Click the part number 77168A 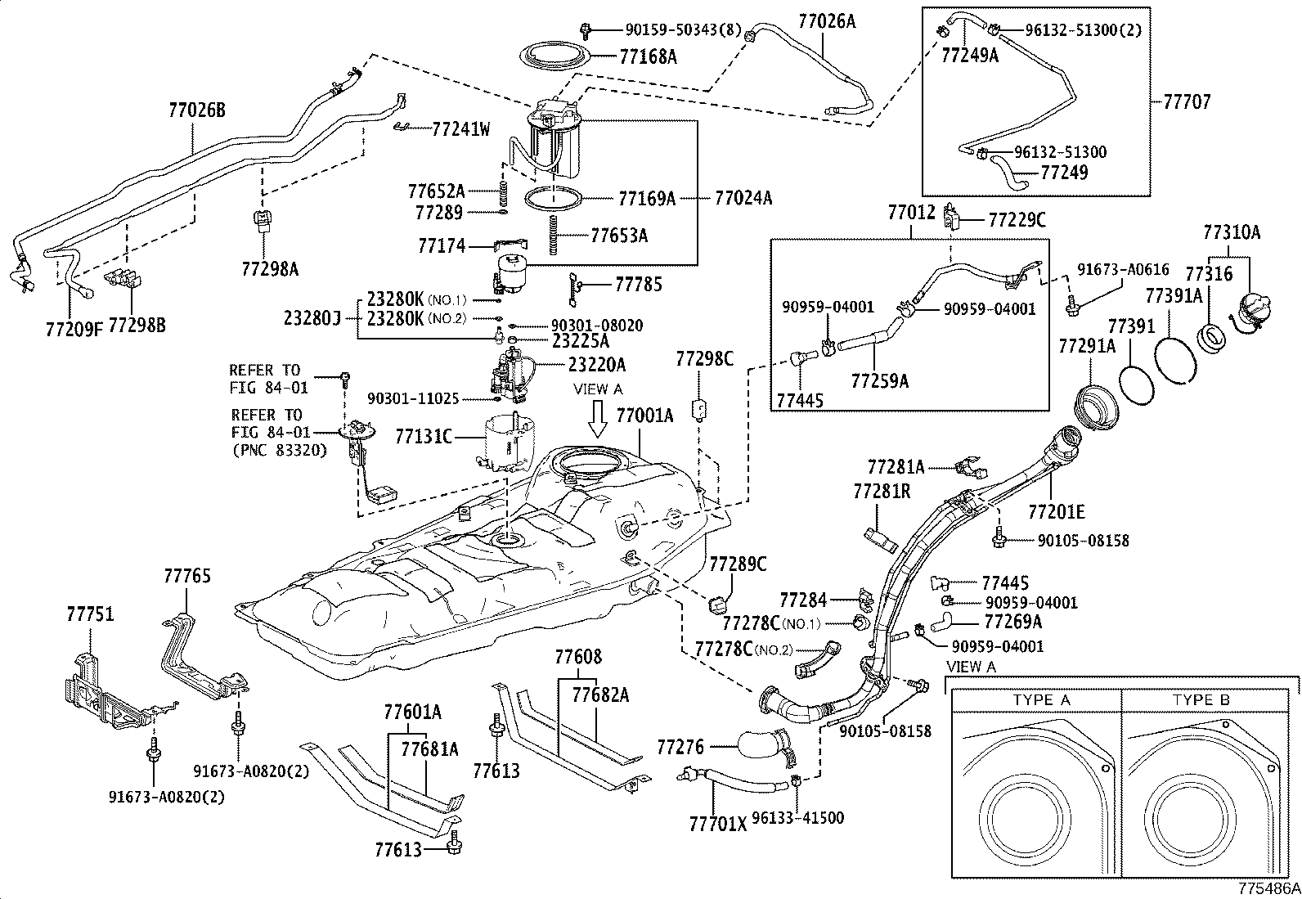point(648,56)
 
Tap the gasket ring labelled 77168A point(556,57)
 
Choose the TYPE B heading point(1201,700)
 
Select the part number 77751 point(90,614)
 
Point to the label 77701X point(718,825)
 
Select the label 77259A point(879,380)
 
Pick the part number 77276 point(680,746)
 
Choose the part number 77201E point(1056,513)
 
